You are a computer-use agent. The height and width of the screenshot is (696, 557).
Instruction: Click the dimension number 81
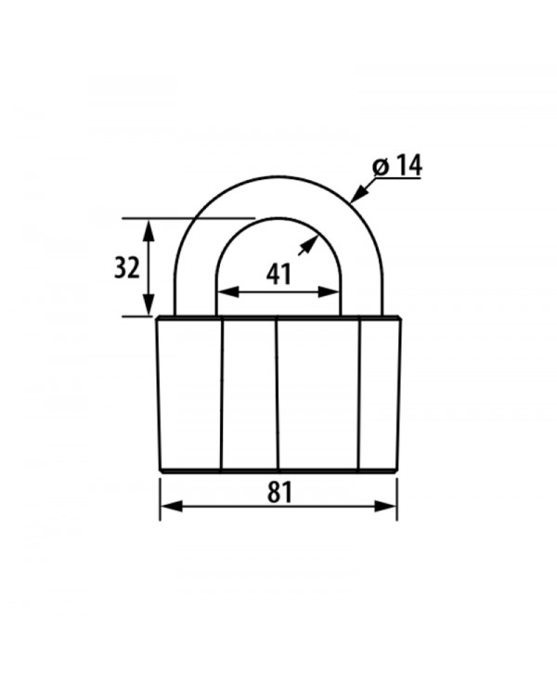pyautogui.click(x=279, y=492)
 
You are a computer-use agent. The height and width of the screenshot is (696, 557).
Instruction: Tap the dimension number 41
pyautogui.click(x=278, y=275)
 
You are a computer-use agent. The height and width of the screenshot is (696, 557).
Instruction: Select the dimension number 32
pyautogui.click(x=127, y=267)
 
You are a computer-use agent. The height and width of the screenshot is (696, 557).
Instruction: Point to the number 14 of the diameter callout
pyautogui.click(x=408, y=165)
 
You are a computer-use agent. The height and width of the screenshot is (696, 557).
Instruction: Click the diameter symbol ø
pyautogui.click(x=382, y=166)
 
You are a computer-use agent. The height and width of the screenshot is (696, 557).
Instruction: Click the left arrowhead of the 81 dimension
pyautogui.click(x=172, y=506)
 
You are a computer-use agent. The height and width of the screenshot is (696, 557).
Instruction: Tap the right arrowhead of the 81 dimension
pyautogui.click(x=385, y=506)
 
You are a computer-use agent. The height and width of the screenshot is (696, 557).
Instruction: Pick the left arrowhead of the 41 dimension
pyautogui.click(x=228, y=292)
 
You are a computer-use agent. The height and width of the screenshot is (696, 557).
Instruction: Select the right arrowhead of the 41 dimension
pyautogui.click(x=329, y=292)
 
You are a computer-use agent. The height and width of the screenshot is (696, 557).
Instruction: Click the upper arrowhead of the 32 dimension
pyautogui.click(x=149, y=230)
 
